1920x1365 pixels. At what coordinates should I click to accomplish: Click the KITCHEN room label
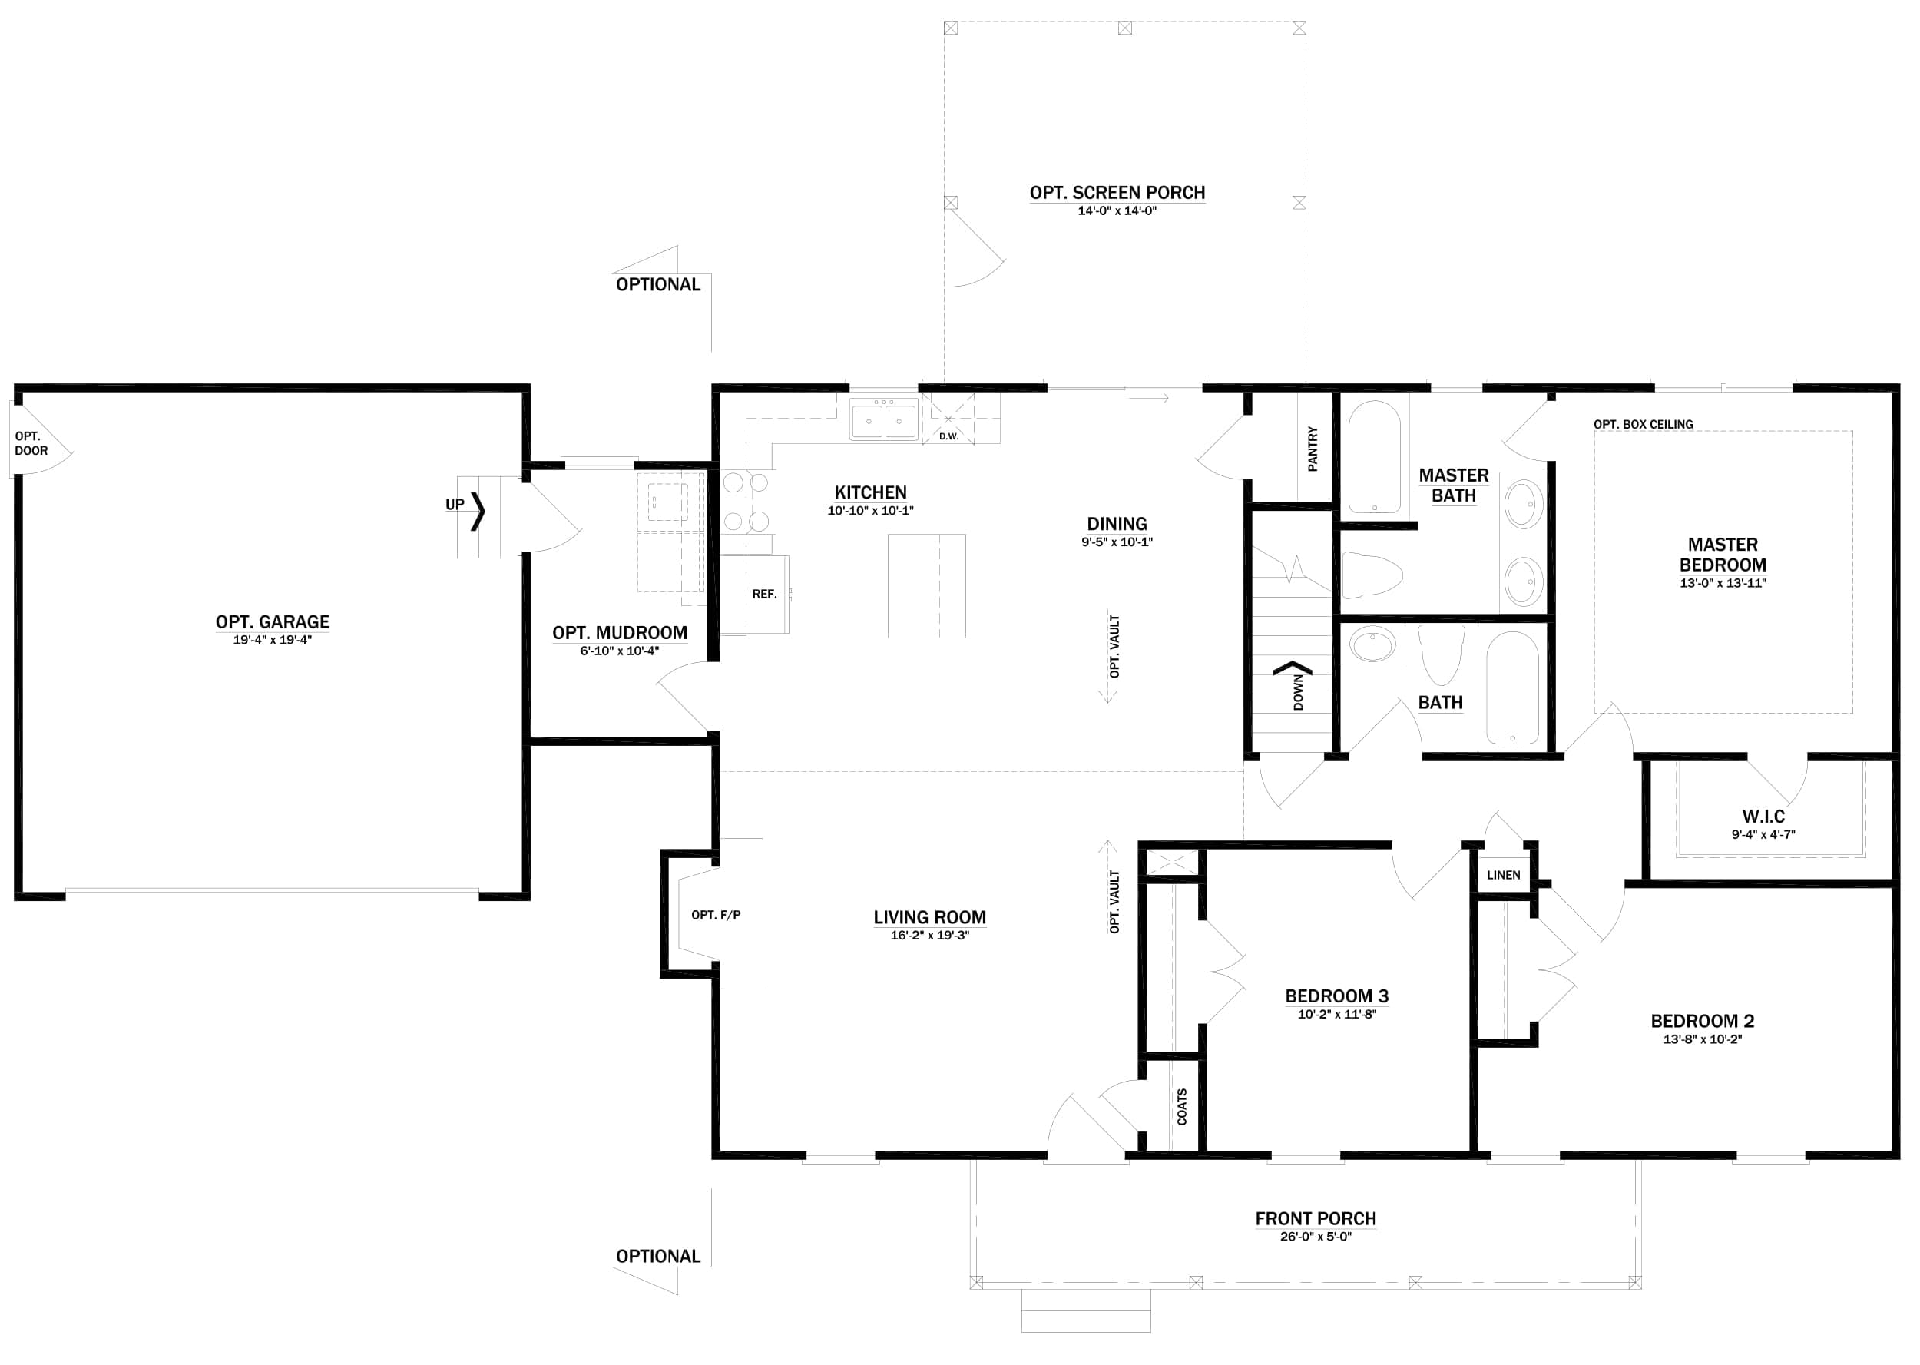(x=869, y=492)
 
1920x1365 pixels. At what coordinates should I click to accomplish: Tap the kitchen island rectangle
(x=926, y=586)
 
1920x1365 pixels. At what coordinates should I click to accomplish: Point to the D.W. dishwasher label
(x=948, y=436)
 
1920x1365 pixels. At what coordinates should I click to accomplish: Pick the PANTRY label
(x=1313, y=448)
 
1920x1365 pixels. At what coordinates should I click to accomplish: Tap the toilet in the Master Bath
(x=1373, y=575)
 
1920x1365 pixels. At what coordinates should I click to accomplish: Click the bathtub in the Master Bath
(x=1374, y=456)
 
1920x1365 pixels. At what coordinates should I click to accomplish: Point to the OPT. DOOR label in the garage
(x=31, y=443)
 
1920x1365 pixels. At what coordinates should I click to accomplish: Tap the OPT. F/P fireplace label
(x=716, y=915)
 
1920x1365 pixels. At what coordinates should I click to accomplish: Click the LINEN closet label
(x=1503, y=875)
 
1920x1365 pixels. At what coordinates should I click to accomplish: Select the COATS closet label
(x=1181, y=1107)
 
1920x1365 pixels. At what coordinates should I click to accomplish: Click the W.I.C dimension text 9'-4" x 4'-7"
(x=1763, y=835)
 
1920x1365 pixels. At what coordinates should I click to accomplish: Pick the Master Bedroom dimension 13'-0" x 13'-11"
(x=1723, y=583)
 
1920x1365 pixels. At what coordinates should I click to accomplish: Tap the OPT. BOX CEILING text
(x=1643, y=425)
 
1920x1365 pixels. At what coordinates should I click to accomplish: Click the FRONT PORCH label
(x=1315, y=1218)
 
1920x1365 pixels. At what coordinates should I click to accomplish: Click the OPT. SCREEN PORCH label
(x=1117, y=193)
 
